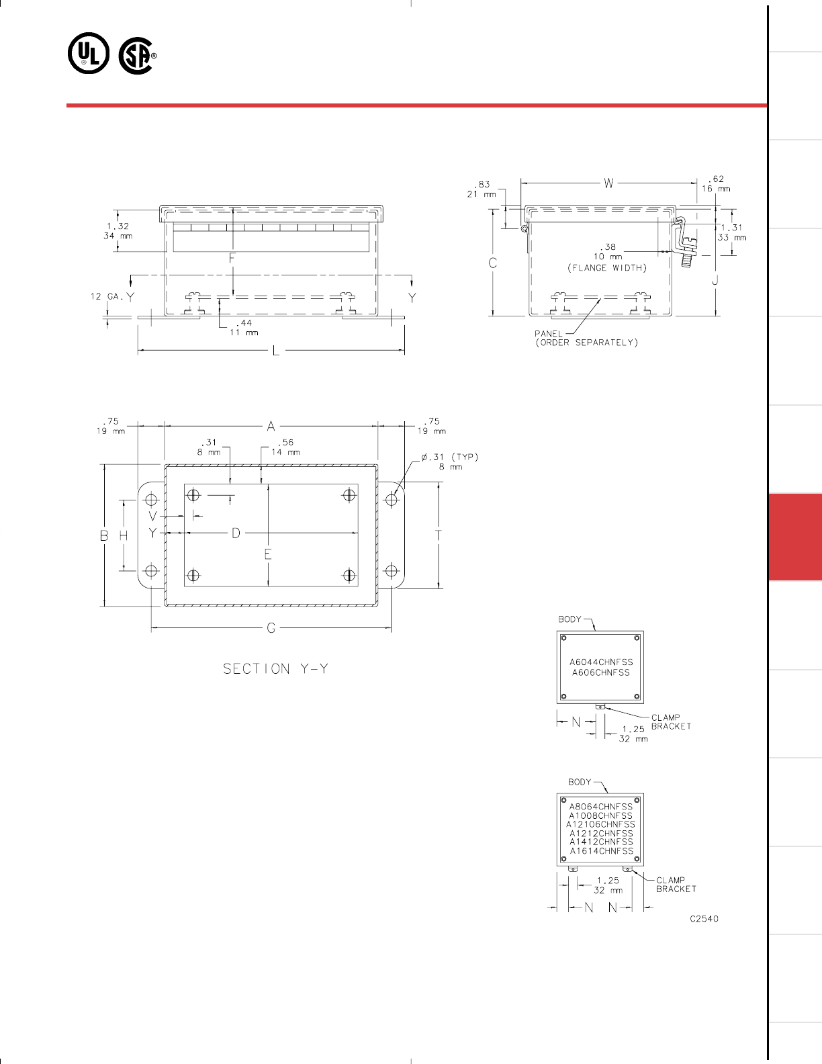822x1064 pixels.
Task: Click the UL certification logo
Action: pyautogui.click(x=89, y=53)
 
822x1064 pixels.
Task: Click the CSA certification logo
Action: pyautogui.click(x=137, y=56)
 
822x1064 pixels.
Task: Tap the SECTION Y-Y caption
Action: pyautogui.click(x=275, y=668)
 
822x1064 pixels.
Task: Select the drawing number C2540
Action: pyautogui.click(x=704, y=919)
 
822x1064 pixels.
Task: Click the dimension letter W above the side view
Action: pyautogui.click(x=608, y=183)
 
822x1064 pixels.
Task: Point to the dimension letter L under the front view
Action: pyautogui.click(x=276, y=351)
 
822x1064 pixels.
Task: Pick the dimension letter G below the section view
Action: pyautogui.click(x=271, y=628)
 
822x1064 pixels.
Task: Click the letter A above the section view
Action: pyautogui.click(x=271, y=427)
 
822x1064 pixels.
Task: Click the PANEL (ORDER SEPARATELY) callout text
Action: pyautogui.click(x=586, y=339)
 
